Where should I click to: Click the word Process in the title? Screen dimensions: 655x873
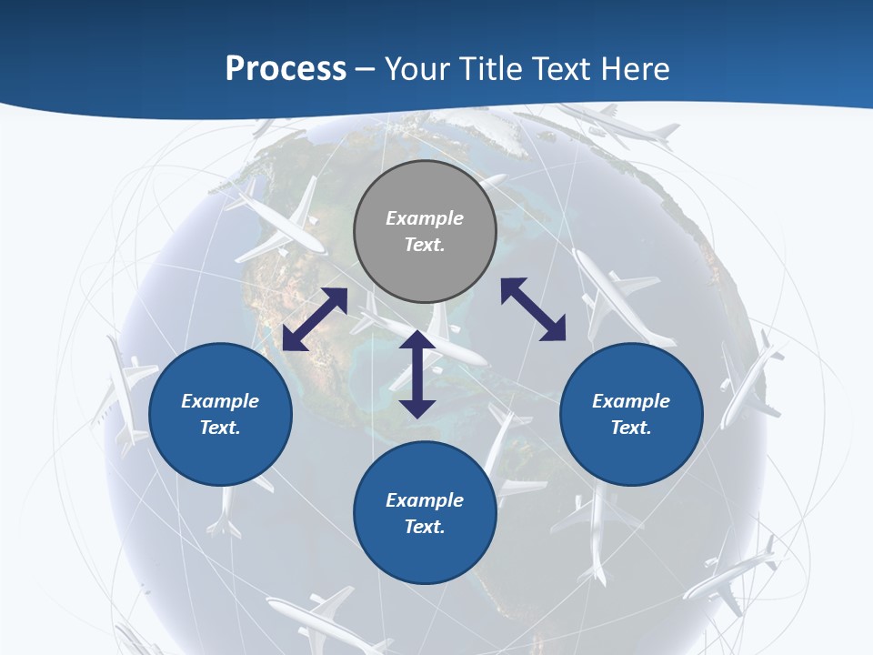(286, 68)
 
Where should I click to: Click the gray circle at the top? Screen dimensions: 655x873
(425, 231)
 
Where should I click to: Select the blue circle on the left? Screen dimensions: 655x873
(220, 414)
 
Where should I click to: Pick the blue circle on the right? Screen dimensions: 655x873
(631, 414)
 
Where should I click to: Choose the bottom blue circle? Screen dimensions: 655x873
(425, 512)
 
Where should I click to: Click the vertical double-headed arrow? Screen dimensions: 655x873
(417, 374)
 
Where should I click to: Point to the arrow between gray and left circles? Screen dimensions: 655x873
(315, 319)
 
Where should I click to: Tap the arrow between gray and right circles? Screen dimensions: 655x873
(533, 309)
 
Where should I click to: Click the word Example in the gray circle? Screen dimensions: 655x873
(425, 218)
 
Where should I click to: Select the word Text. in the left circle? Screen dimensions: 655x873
(220, 428)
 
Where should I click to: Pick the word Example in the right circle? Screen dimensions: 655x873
(631, 401)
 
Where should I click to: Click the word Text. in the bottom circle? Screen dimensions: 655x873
(425, 527)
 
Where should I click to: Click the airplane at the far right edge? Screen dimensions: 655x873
(750, 382)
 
